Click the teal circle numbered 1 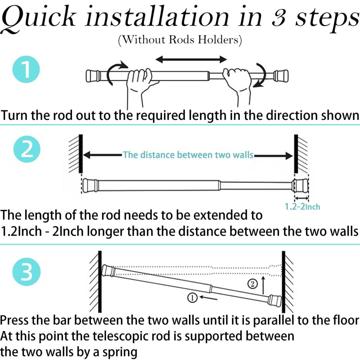tap(26, 69)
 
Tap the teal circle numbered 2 tap(27, 149)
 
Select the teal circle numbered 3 tap(27, 272)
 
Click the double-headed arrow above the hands tap(191, 59)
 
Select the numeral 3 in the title tap(278, 18)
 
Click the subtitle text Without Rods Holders tap(180, 40)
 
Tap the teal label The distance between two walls tap(188, 155)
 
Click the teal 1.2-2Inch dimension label tap(302, 207)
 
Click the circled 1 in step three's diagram tap(192, 298)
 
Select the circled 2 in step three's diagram tap(252, 284)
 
